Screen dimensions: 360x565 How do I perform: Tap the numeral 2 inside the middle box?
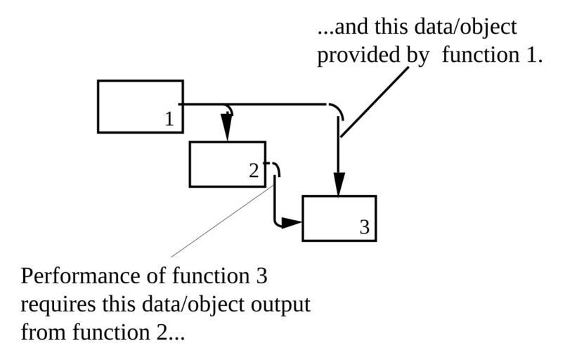pos(254,171)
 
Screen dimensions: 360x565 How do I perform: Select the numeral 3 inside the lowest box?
pos(364,227)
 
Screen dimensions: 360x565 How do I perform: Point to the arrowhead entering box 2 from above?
pos(226,129)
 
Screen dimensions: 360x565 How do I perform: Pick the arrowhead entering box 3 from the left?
pos(291,224)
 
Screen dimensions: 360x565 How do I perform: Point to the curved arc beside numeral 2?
pos(275,169)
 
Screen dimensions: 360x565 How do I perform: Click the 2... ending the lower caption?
pos(171,331)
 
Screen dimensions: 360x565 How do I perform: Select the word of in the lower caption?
pos(155,275)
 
